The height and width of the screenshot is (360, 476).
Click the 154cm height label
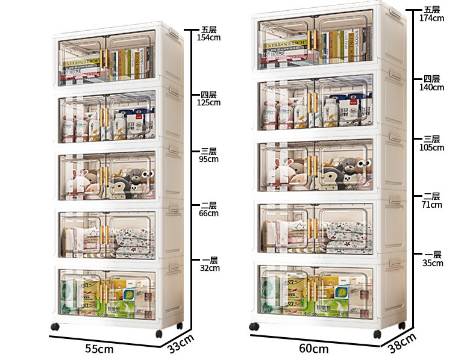pyautogui.click(x=208, y=37)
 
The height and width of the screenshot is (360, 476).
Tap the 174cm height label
pyautogui.click(x=431, y=18)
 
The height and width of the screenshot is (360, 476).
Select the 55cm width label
pyautogui.click(x=99, y=349)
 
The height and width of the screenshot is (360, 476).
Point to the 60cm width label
pyautogui.click(x=314, y=349)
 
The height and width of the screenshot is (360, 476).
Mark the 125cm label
pyautogui.click(x=208, y=102)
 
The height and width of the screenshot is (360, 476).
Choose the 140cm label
pyautogui.click(x=431, y=87)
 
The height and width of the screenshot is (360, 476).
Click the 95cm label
pyautogui.click(x=208, y=160)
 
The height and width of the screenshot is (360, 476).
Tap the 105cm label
pyautogui.click(x=431, y=147)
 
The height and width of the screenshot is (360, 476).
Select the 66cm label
pyautogui.click(x=208, y=213)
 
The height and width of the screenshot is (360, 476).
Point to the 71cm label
pyautogui.click(x=431, y=205)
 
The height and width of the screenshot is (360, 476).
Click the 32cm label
pyautogui.click(x=208, y=268)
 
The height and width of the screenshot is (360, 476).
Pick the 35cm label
pyautogui.click(x=431, y=263)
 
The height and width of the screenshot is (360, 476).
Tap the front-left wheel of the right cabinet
pyautogui.click(x=254, y=327)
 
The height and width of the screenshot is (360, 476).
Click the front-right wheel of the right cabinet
pyautogui.click(x=377, y=334)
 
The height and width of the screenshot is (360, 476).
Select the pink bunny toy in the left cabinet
pyautogui.click(x=80, y=181)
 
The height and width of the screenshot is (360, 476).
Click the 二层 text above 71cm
pyautogui.click(x=431, y=196)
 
